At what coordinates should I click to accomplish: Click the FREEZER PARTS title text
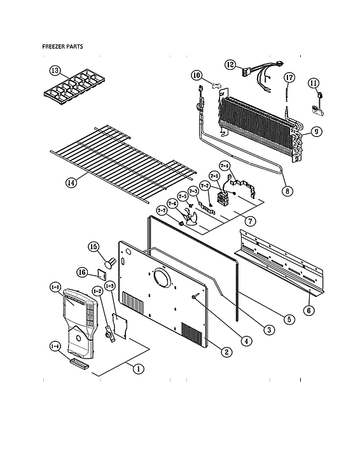(62, 46)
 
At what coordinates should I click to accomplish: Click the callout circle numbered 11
(314, 83)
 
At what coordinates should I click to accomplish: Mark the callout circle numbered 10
(197, 76)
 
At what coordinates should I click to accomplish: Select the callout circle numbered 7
(251, 221)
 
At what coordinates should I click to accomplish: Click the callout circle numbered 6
(308, 310)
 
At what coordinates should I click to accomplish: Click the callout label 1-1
(55, 288)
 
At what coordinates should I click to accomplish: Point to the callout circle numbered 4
(246, 340)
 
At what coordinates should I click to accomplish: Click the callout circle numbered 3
(269, 329)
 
